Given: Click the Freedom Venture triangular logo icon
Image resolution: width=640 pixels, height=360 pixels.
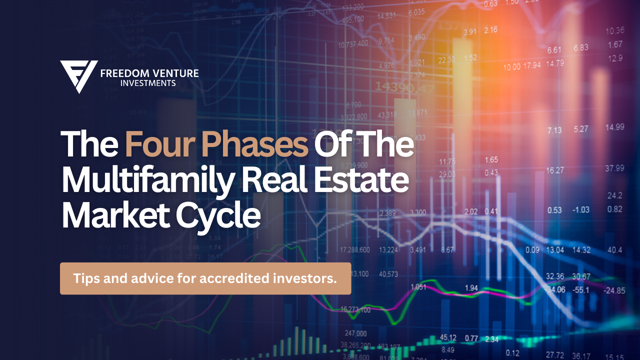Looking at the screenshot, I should pyautogui.click(x=78, y=76).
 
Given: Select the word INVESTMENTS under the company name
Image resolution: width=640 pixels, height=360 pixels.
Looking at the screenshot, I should pyautogui.click(x=148, y=83).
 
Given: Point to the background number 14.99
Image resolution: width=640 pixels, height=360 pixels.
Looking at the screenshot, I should pyautogui.click(x=614, y=127).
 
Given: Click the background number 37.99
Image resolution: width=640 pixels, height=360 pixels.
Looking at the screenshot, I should pyautogui.click(x=614, y=168).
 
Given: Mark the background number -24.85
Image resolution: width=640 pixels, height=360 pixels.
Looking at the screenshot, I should pyautogui.click(x=614, y=290).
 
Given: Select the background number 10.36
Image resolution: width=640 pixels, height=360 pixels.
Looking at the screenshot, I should pyautogui.click(x=614, y=30).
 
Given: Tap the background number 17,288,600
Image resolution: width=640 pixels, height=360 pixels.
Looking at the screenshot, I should pyautogui.click(x=355, y=249).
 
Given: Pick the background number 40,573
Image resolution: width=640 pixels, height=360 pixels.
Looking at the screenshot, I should pyautogui.click(x=388, y=273).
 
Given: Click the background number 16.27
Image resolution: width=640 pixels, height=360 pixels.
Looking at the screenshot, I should pyautogui.click(x=555, y=170).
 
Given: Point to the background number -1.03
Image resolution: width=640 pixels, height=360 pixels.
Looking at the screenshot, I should pyautogui.click(x=580, y=210).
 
